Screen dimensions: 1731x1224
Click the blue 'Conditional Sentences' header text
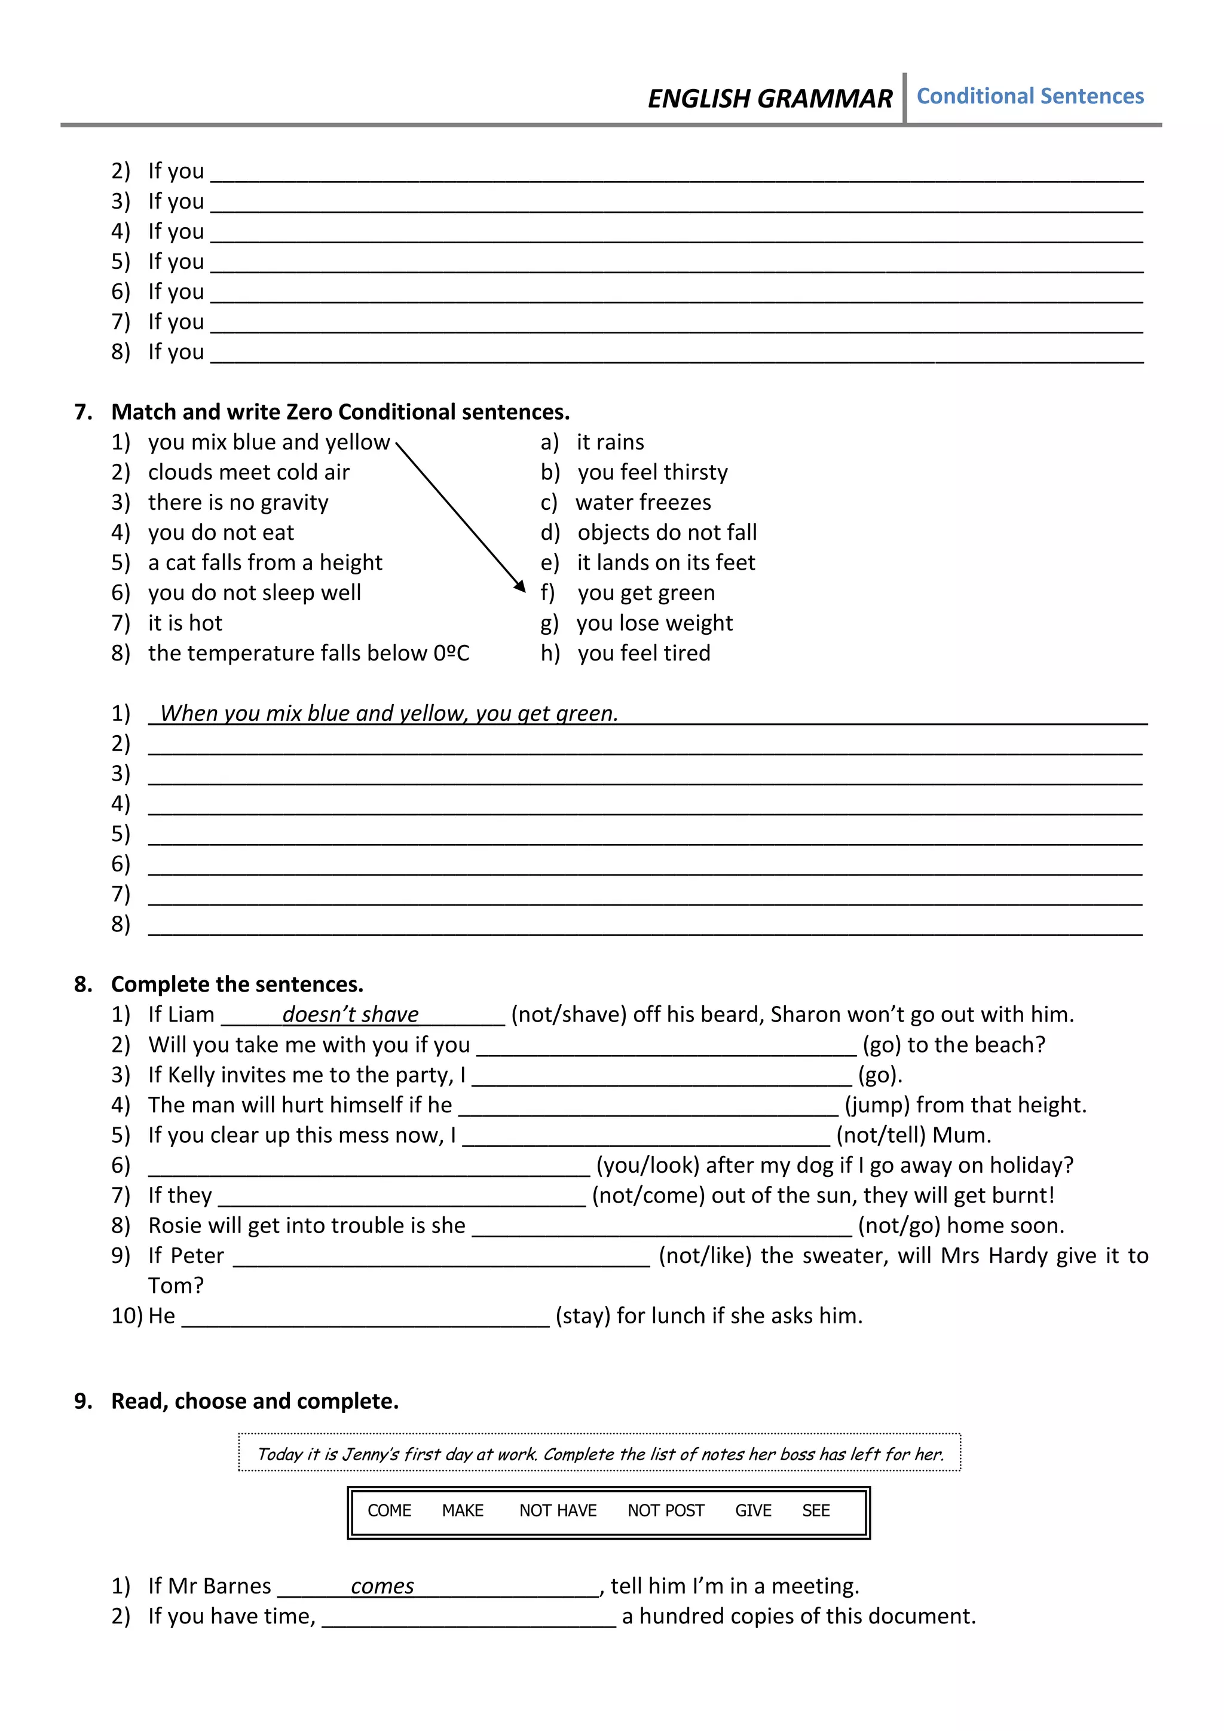click(1030, 96)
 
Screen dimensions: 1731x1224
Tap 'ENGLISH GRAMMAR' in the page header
click(770, 99)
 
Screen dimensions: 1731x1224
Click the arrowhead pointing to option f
click(520, 586)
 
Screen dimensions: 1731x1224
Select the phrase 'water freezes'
click(643, 502)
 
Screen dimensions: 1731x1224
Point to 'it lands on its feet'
click(666, 562)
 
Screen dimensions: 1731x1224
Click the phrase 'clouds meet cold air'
click(249, 472)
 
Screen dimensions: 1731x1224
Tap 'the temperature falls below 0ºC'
click(308, 653)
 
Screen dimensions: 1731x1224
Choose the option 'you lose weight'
click(654, 623)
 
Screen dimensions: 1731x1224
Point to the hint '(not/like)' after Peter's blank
click(705, 1255)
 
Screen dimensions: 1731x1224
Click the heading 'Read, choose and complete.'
click(255, 1401)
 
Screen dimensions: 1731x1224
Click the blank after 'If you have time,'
click(469, 1617)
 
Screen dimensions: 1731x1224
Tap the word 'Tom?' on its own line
click(176, 1286)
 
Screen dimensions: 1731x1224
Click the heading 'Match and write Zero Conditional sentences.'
click(340, 412)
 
